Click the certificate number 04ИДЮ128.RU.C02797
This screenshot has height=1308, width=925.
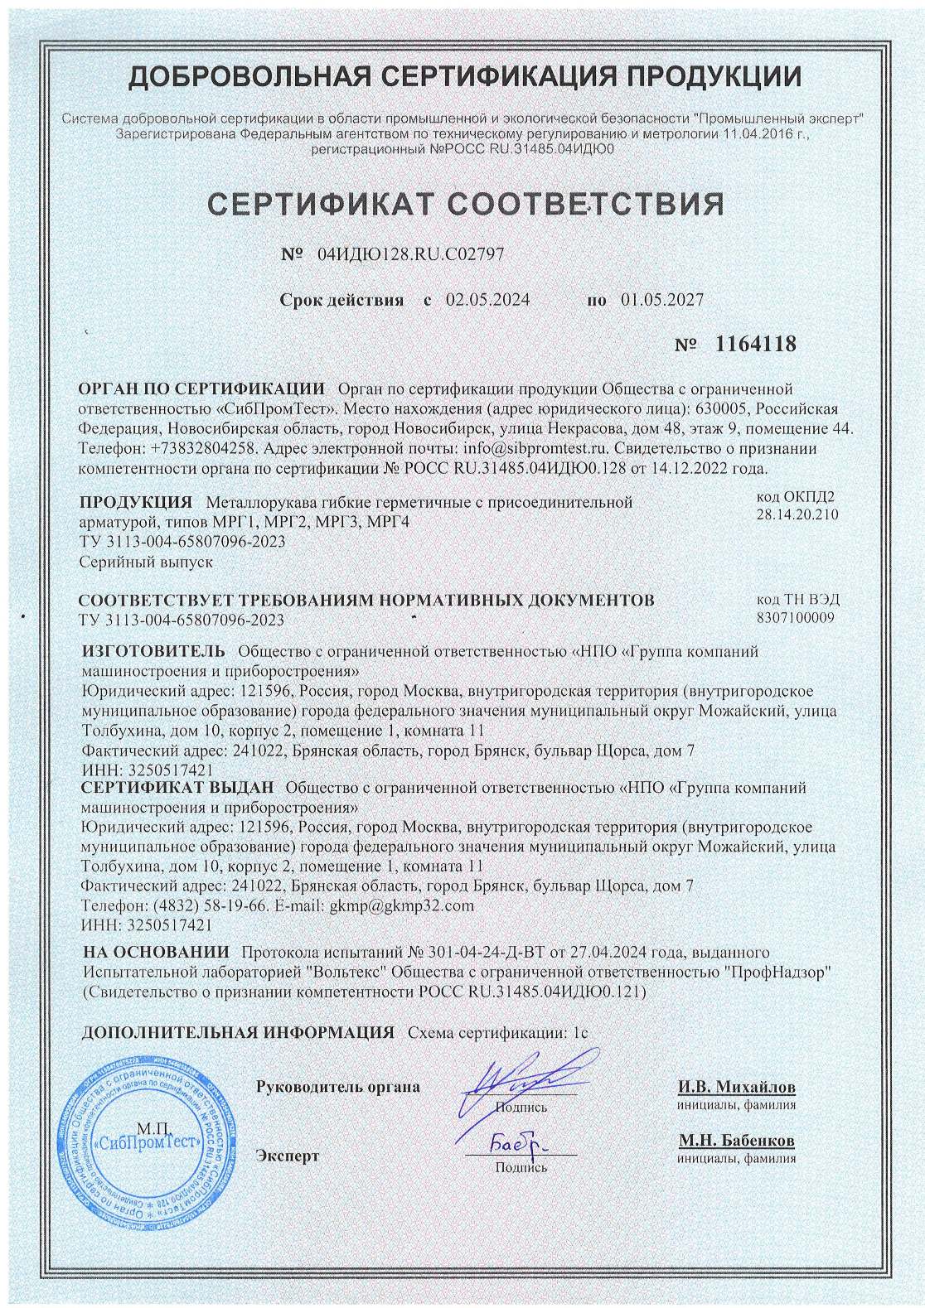click(x=410, y=255)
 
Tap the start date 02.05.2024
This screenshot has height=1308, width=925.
click(x=488, y=300)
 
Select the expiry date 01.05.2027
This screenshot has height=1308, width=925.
click(x=661, y=300)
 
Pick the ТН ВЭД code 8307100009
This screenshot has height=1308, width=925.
click(x=796, y=617)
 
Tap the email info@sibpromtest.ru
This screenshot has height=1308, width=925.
click(x=536, y=447)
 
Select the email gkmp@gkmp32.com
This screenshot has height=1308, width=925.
click(x=402, y=905)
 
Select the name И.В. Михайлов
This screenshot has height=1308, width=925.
click(x=736, y=1086)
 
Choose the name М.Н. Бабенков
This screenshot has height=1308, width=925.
click(x=736, y=1141)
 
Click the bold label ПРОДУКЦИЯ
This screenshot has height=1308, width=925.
click(x=136, y=502)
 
